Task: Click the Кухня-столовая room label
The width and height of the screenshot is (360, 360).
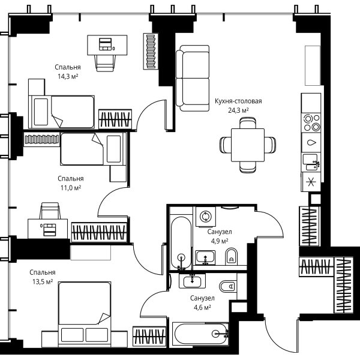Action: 238,101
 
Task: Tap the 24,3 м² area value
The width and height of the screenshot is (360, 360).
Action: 238,110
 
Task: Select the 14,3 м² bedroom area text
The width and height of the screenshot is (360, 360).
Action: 68,76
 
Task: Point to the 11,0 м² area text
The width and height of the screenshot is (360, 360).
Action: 71,188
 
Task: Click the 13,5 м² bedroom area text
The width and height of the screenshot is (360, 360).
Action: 43,282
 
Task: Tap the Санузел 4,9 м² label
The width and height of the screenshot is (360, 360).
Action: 220,236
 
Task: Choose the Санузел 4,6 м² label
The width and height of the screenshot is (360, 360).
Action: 202,303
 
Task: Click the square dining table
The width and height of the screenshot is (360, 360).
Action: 248,145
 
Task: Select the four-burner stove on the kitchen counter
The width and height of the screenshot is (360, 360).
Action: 311,122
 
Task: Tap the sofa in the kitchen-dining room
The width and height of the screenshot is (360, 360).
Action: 193,78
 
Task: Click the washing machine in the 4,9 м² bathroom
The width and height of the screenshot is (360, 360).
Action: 206,217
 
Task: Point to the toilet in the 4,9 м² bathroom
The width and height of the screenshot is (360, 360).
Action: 231,256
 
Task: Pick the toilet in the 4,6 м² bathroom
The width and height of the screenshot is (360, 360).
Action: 228,286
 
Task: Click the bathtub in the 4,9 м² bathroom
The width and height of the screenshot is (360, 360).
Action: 181,242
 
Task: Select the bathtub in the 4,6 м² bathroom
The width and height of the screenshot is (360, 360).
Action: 200,334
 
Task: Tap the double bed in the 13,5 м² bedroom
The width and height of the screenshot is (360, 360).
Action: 85,313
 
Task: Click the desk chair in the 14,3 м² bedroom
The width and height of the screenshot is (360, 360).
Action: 104,63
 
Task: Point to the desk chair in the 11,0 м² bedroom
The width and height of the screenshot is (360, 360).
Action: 50,211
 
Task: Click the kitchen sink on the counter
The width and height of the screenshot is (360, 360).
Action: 311,163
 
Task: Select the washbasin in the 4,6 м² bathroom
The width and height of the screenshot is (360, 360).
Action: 193,281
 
